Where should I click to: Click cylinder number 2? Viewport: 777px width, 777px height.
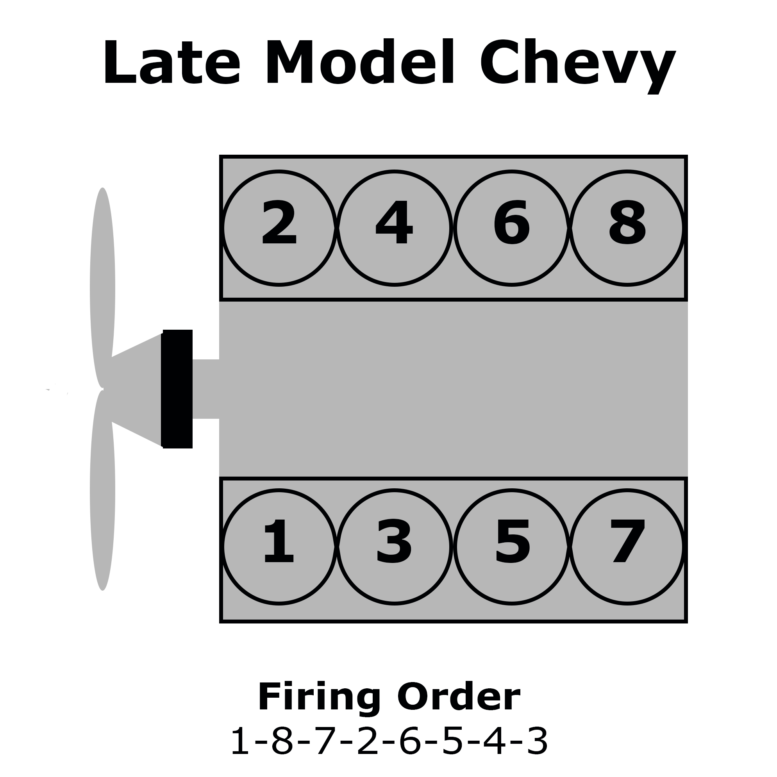(x=279, y=229)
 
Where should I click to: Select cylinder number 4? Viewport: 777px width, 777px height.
(x=395, y=229)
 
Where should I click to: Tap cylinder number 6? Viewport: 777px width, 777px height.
(x=512, y=229)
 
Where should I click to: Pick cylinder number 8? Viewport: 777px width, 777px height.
(x=627, y=229)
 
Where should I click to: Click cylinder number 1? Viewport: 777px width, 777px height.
(x=279, y=547)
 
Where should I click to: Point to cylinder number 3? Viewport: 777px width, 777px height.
(x=395, y=547)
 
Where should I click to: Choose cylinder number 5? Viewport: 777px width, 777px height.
(x=512, y=547)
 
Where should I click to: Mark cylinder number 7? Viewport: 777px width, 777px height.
(x=627, y=547)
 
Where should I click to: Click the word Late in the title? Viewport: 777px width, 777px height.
(x=172, y=63)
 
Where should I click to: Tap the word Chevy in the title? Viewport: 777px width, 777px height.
(x=577, y=66)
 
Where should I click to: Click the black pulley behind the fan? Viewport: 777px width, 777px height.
(x=177, y=389)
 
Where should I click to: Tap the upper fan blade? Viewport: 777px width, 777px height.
(x=103, y=288)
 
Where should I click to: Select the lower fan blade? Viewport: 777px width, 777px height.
(x=103, y=490)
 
